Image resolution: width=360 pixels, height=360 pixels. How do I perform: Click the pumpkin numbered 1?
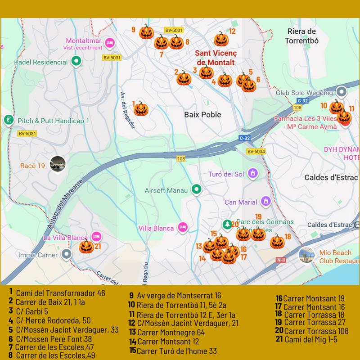141,108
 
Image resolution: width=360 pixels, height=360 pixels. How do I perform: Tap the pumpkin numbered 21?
86,247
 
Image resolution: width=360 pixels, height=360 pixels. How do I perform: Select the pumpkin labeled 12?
220,40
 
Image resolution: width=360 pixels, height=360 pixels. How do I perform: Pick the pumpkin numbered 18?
277,241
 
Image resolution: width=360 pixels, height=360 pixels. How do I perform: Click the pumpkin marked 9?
146,32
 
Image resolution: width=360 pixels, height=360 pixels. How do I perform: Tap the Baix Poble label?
202,115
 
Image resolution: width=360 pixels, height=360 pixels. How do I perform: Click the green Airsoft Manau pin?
196,190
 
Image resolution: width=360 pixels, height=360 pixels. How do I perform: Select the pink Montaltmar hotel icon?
110,43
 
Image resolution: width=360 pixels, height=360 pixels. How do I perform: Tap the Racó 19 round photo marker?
58,164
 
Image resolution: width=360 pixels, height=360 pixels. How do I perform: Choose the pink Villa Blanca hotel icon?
183,228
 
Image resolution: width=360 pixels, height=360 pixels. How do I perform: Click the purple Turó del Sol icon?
253,173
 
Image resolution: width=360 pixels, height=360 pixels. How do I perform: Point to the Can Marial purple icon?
266,201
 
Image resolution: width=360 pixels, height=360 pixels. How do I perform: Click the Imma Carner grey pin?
67,255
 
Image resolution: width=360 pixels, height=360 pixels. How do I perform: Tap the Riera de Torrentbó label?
301,36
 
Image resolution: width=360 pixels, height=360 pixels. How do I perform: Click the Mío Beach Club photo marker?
307,255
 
